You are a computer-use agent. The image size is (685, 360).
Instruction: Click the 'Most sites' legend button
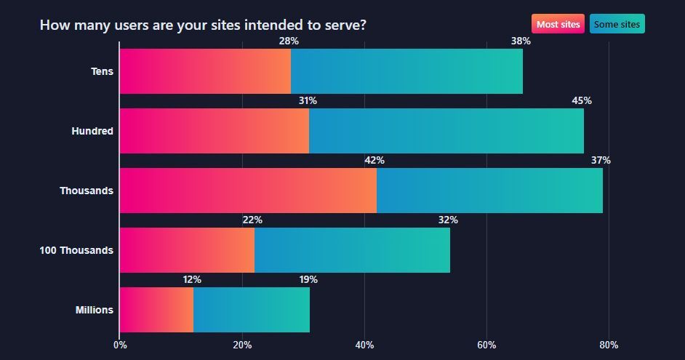click(558, 24)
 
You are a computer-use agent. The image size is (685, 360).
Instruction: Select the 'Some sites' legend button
click(617, 24)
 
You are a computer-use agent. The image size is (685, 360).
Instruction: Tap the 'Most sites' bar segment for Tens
click(204, 71)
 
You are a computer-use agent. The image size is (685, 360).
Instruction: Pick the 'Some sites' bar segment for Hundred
click(446, 131)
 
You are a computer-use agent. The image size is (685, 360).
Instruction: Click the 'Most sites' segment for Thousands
click(248, 191)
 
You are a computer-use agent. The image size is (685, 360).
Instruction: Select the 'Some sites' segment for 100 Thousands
click(352, 250)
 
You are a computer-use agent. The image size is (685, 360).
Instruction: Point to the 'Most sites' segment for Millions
click(156, 310)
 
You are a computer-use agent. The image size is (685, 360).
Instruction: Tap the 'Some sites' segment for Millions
click(252, 310)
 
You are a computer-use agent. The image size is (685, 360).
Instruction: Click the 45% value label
click(582, 101)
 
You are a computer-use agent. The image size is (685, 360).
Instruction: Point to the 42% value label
click(374, 161)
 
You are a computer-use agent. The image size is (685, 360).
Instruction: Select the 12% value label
click(192, 280)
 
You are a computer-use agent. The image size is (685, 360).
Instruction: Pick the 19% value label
click(308, 280)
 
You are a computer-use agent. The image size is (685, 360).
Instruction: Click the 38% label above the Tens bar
click(521, 41)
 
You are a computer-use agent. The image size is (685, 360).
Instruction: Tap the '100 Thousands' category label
click(76, 250)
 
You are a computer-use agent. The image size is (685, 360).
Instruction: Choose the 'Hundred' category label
click(92, 131)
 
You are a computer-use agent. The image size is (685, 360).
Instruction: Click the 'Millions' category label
click(95, 310)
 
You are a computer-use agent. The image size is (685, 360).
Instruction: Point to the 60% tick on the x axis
click(486, 345)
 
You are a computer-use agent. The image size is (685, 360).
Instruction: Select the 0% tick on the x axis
click(120, 345)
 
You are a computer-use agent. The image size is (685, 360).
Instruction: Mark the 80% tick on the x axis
click(609, 345)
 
